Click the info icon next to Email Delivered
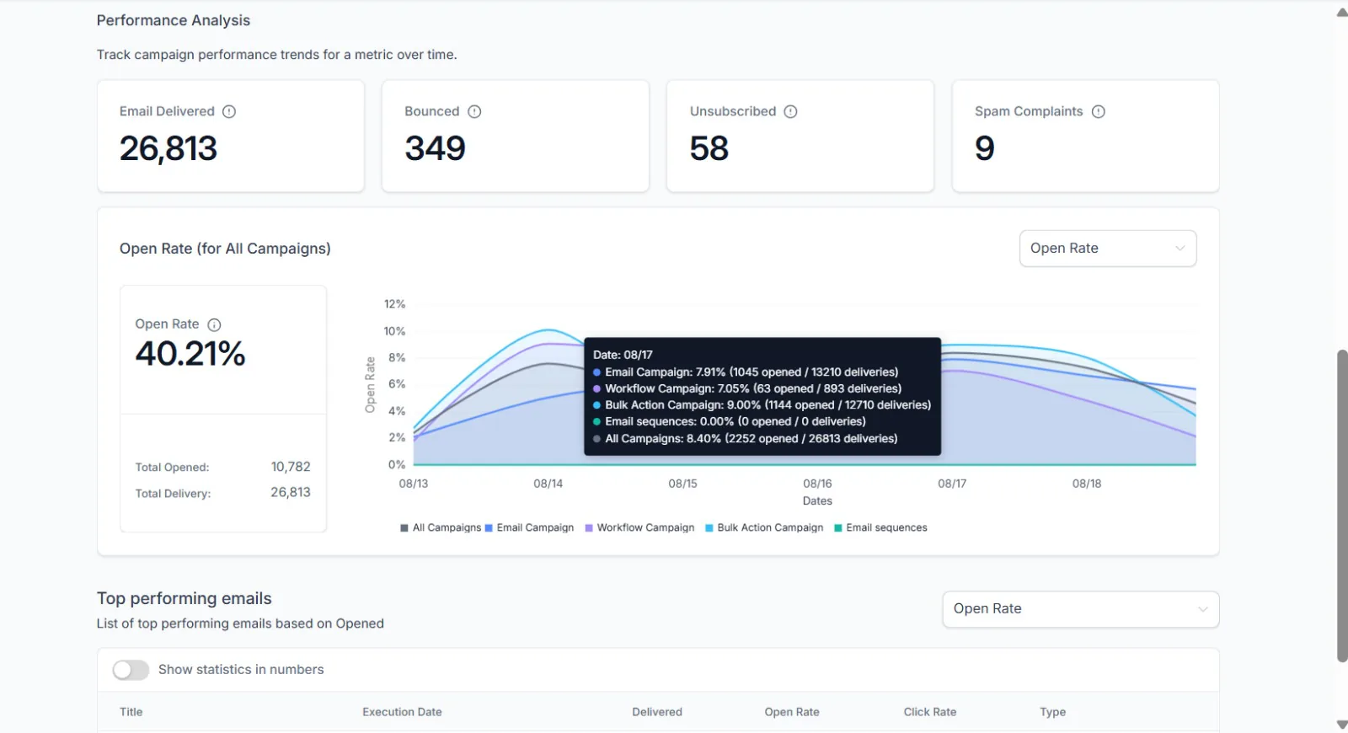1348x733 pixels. coord(228,111)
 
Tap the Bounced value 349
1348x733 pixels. coord(435,148)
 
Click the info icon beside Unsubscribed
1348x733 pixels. coord(790,111)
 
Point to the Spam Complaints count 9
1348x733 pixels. coord(985,148)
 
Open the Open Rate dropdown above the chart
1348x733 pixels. coord(1107,248)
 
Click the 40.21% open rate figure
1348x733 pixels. coord(190,353)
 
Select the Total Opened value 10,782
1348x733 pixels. coord(291,467)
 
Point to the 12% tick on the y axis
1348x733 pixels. coord(395,304)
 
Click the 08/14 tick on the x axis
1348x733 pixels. coord(548,484)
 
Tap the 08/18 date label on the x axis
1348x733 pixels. coord(1086,484)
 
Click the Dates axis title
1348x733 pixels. coord(817,500)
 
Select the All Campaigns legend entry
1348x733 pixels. coord(441,527)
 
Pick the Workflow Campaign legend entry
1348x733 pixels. coord(639,527)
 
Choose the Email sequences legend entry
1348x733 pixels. coord(880,527)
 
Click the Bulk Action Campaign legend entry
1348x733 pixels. coord(764,527)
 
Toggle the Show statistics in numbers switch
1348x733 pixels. coord(131,670)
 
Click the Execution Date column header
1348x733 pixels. coord(402,712)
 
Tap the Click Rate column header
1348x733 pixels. coord(930,712)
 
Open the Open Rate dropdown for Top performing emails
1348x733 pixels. coord(1081,609)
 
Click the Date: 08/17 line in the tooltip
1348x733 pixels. coord(623,355)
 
